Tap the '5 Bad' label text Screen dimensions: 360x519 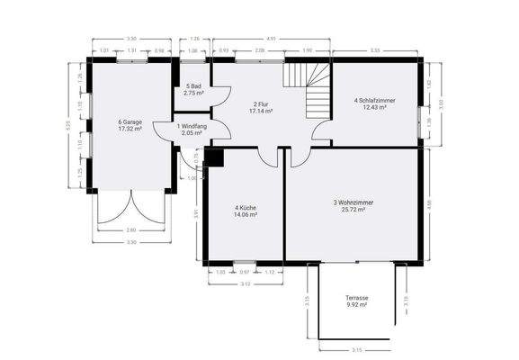coord(193,87)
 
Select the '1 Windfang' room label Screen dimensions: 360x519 coord(192,129)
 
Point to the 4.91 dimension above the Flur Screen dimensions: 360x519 coord(271,39)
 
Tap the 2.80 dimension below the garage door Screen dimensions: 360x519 coord(131,230)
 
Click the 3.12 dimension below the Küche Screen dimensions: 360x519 coord(246,283)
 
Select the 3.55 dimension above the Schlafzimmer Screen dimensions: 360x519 coord(375,50)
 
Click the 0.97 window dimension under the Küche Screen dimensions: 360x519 coord(243,272)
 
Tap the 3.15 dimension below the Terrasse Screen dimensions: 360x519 coord(357,349)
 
